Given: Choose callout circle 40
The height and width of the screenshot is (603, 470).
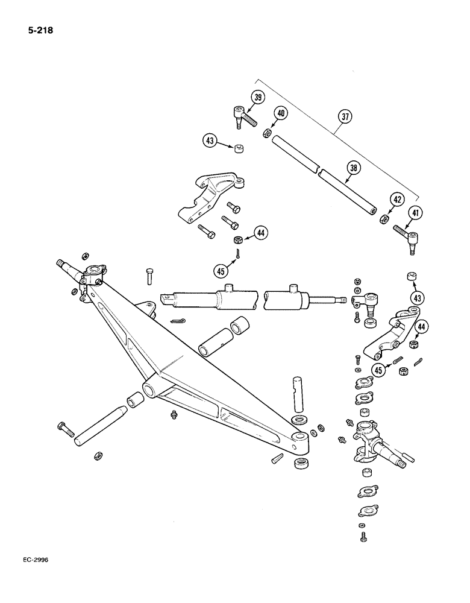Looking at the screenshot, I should coord(282,113).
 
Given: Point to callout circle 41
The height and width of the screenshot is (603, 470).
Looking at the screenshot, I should coord(415,213).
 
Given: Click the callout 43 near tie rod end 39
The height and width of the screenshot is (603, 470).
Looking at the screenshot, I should coord(210,140).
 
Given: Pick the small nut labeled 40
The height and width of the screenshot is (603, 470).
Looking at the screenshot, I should coord(267,133).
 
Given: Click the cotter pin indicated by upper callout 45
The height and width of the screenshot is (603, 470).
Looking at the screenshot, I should coord(239,253).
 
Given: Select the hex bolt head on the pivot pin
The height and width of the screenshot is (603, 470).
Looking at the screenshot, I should coord(64,428).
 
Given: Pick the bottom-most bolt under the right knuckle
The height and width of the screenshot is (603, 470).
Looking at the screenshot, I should coord(363,536).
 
